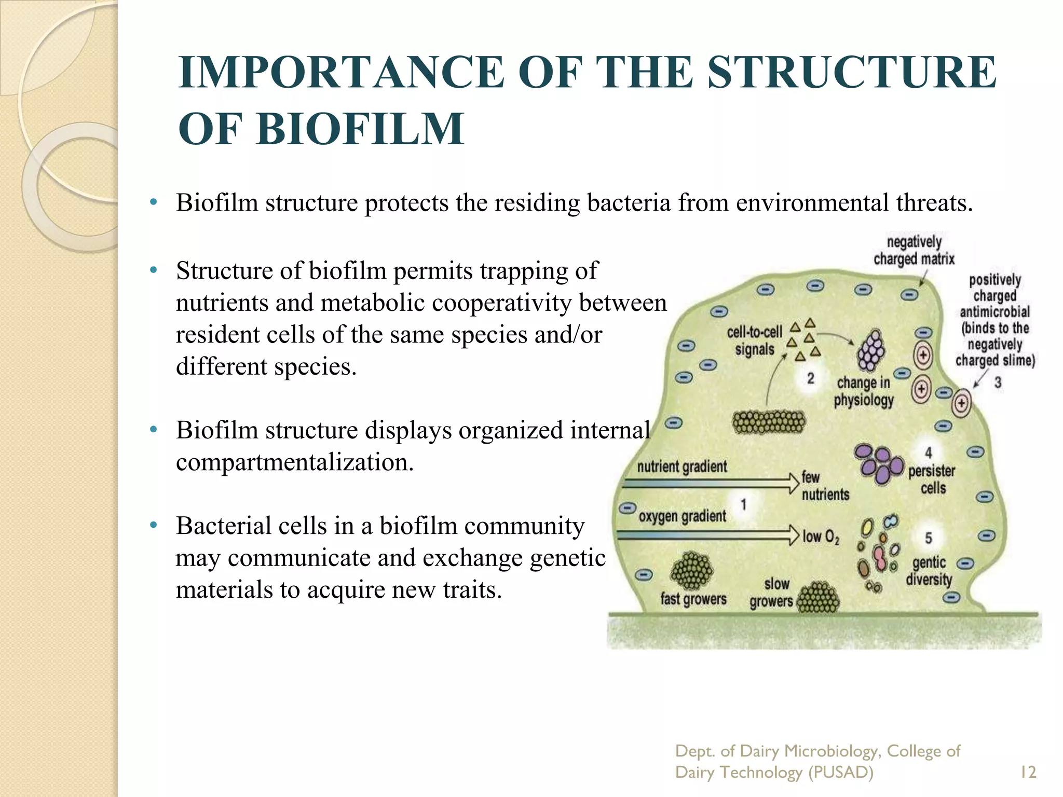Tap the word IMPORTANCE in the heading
[340, 73]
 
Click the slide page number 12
[1028, 772]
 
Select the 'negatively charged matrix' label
[914, 251]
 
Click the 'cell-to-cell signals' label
[754, 341]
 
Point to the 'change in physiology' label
[863, 391]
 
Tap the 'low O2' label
[820, 537]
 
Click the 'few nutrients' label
[824, 486]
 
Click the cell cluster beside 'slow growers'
[818, 598]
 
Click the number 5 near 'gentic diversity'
[929, 538]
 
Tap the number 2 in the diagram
[810, 378]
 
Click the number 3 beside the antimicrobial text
[998, 383]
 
